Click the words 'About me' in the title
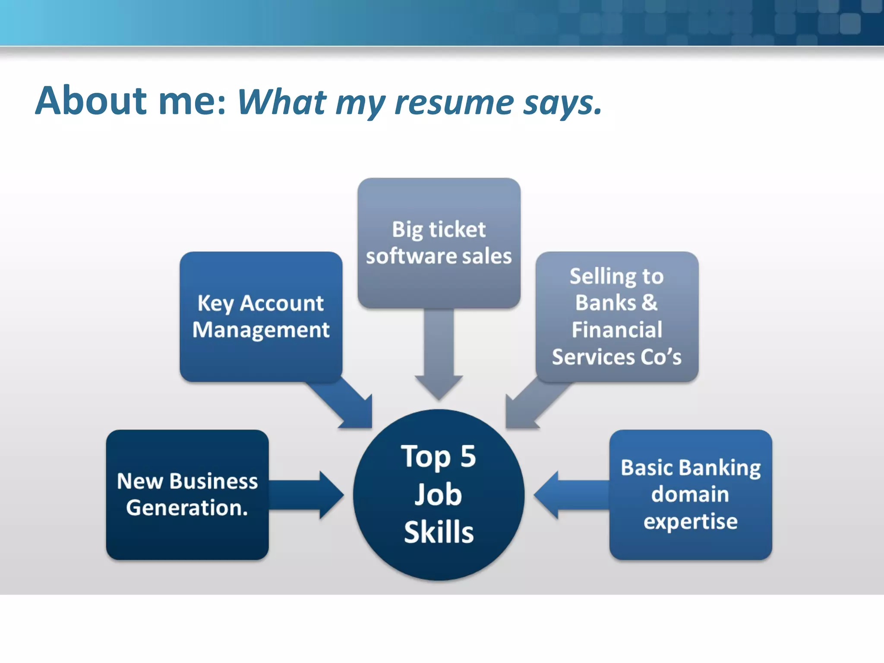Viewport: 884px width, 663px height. pyautogui.click(x=129, y=101)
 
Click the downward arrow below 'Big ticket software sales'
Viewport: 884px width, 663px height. pyautogui.click(x=439, y=354)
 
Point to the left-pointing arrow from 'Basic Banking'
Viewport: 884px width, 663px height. pyautogui.click(x=570, y=495)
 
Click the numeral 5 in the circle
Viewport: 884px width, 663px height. pyautogui.click(x=468, y=457)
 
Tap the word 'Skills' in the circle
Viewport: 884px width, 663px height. pyautogui.click(x=439, y=532)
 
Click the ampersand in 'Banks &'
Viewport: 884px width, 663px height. pyautogui.click(x=649, y=302)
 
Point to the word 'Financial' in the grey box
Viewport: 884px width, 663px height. pyautogui.click(x=617, y=330)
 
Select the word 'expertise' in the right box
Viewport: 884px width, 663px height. pyautogui.click(x=690, y=521)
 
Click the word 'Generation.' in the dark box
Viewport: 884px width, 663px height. pyautogui.click(x=187, y=508)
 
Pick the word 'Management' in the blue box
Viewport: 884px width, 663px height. pyautogui.click(x=261, y=330)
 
